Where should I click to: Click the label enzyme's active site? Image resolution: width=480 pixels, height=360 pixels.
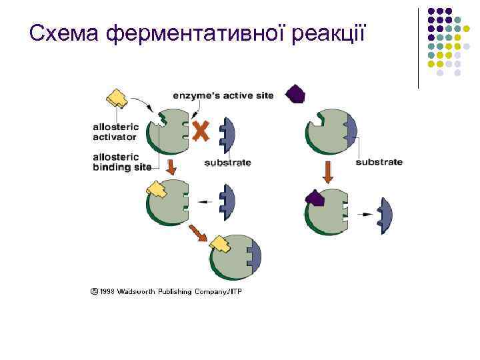223,95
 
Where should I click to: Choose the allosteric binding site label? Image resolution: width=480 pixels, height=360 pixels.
123,162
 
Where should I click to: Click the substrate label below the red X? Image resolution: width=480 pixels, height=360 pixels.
227,162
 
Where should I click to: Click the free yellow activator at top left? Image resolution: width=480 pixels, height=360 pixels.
117,98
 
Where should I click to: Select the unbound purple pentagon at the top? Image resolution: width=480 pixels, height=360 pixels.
295,94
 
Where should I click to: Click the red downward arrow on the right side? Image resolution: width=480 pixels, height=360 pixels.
327,172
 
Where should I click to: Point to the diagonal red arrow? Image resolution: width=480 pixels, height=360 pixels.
198,233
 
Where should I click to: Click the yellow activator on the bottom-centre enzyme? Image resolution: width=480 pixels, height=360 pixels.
219,247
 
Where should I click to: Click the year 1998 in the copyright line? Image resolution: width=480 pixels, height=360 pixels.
108,292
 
